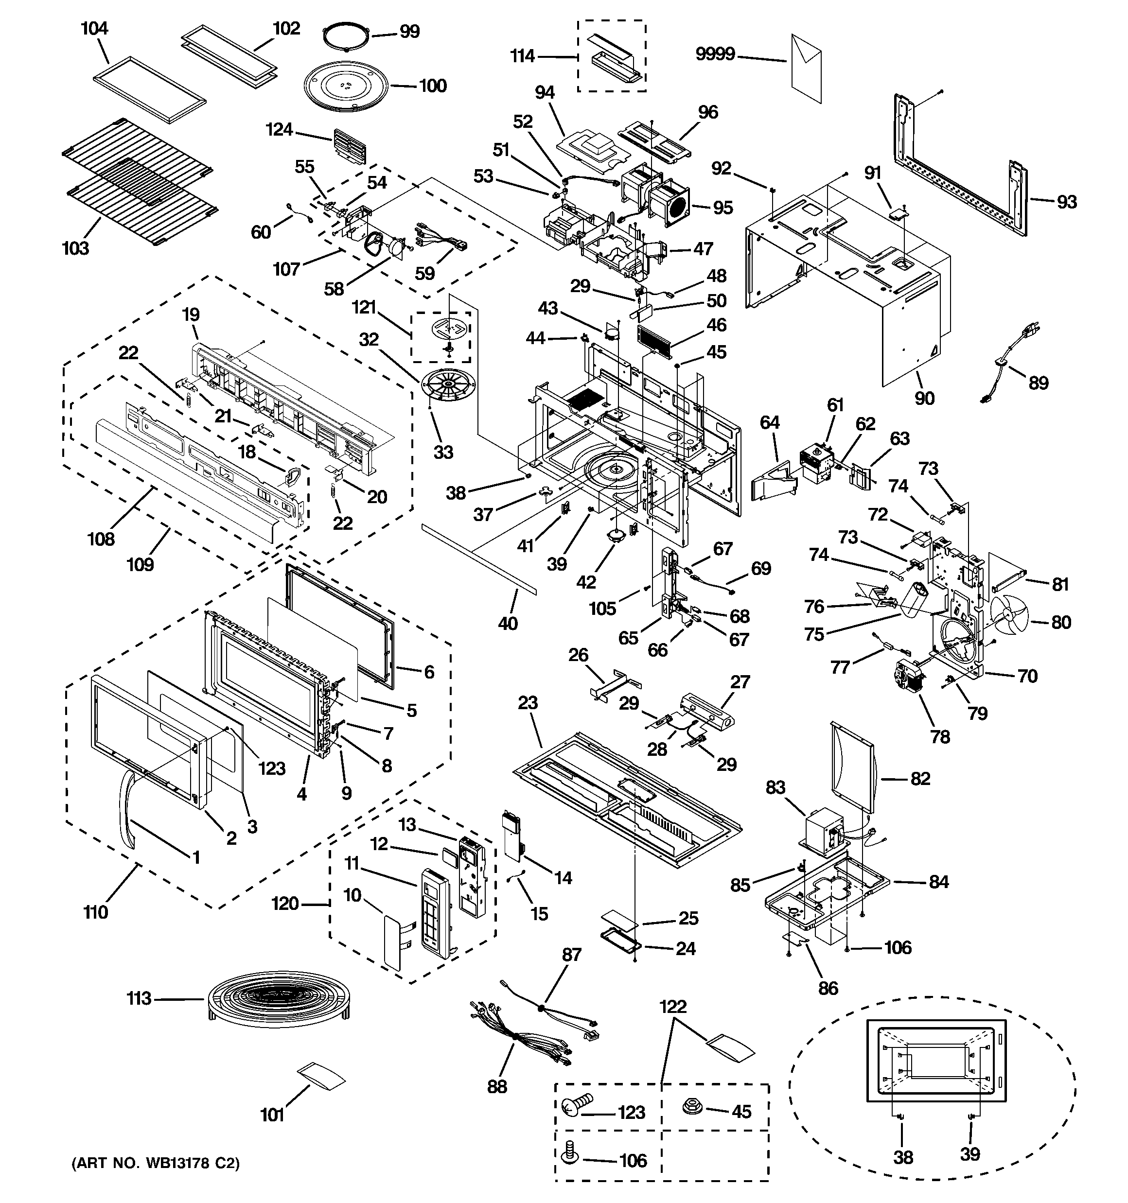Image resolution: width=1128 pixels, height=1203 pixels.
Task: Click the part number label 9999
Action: point(715,54)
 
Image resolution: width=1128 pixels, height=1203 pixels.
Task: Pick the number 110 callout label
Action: point(96,912)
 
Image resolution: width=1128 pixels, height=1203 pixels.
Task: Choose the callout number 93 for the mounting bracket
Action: point(1066,202)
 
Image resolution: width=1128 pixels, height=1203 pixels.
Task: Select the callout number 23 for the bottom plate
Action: point(528,702)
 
